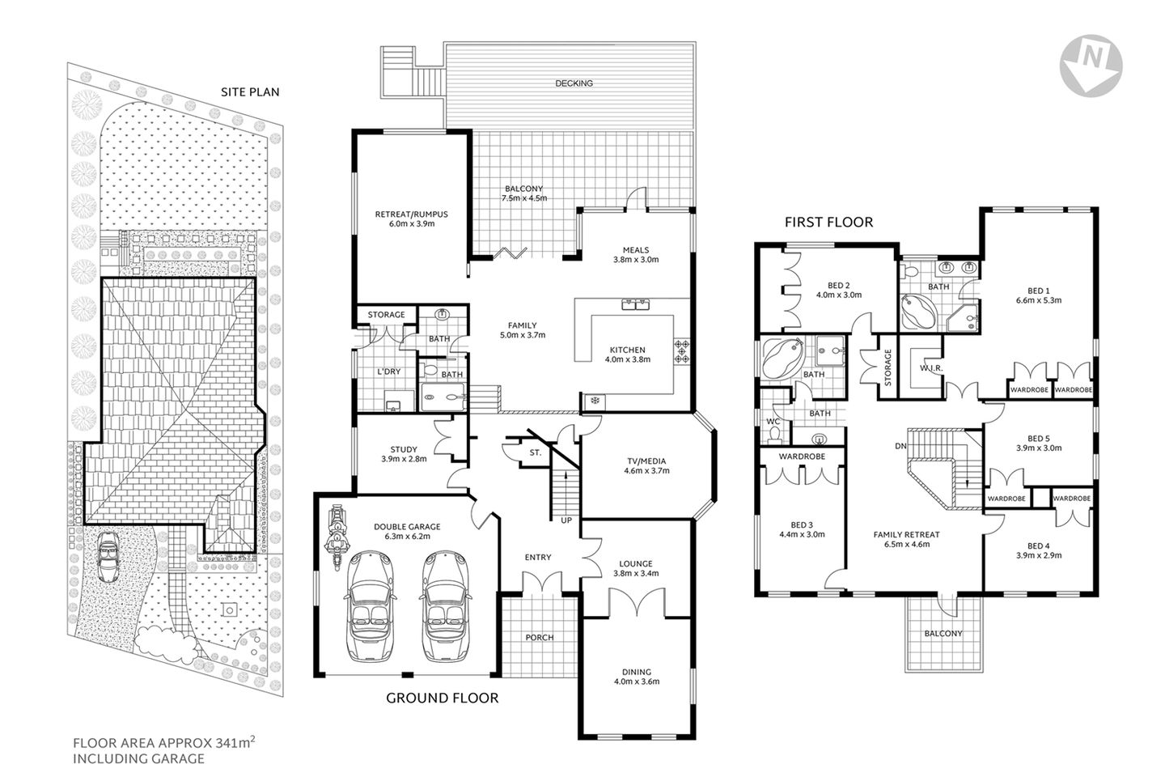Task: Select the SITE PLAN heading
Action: pos(250,91)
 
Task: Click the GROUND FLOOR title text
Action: pos(442,698)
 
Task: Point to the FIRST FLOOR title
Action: pos(829,222)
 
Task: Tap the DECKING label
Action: pos(574,83)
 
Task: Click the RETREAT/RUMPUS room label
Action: pos(411,214)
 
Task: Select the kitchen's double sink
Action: pos(637,305)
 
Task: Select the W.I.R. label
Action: pos(927,368)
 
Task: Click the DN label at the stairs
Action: pos(900,445)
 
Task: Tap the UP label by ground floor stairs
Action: pos(566,520)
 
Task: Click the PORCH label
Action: pos(539,637)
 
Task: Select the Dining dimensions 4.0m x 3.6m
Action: pos(637,681)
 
